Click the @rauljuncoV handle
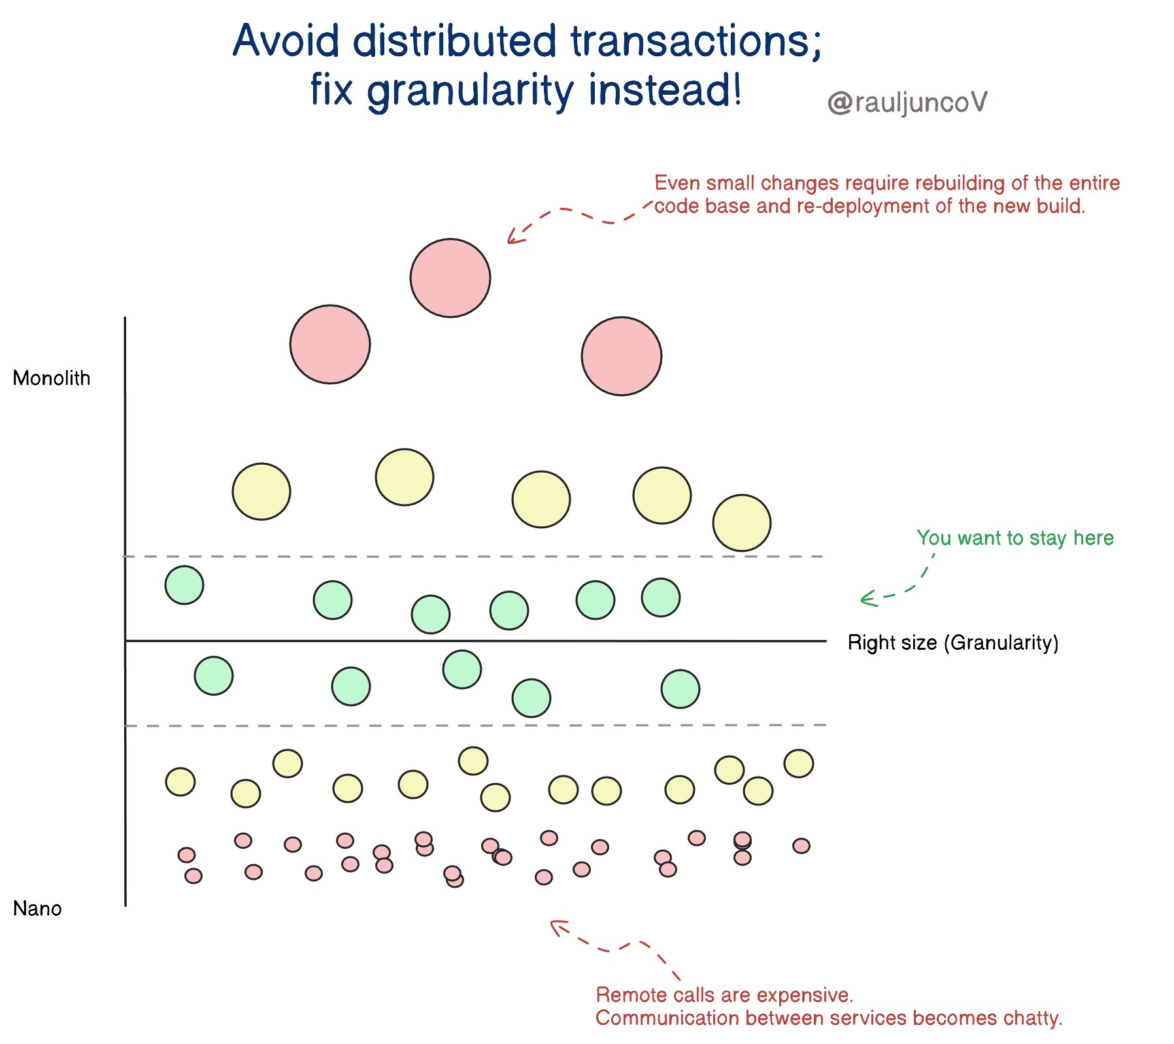point(907,103)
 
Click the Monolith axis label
point(51,379)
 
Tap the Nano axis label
point(37,909)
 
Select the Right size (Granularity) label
point(952,643)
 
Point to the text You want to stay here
point(1015,538)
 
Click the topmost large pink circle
point(450,278)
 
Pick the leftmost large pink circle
point(330,344)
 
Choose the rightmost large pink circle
point(622,356)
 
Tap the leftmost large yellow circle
point(261,492)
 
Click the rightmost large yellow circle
point(742,523)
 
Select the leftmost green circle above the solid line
point(184,585)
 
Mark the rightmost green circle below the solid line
point(680,689)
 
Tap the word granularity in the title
point(472,92)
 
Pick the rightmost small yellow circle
point(799,764)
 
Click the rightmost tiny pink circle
point(801,846)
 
